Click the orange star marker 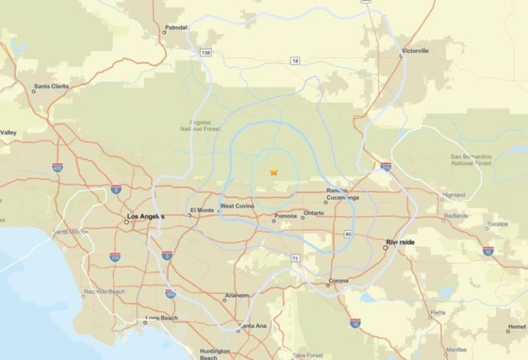[274, 172]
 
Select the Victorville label [415, 51]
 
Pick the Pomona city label [285, 216]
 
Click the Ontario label [313, 213]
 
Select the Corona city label [338, 280]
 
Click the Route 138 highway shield [206, 52]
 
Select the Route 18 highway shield [296, 61]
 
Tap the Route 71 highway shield [294, 258]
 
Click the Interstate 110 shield [115, 256]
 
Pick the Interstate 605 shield [170, 293]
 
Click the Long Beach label [160, 319]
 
